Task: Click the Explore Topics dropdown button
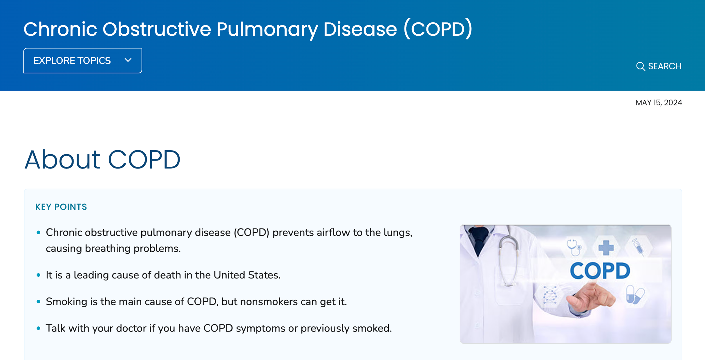click(83, 61)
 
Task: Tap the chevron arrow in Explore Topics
click(128, 60)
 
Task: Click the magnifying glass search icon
click(641, 66)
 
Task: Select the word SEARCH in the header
click(665, 66)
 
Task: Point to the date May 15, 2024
click(659, 103)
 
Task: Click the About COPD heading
click(102, 159)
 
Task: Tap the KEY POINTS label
click(61, 207)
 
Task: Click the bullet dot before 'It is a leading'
click(39, 275)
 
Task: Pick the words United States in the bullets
click(247, 275)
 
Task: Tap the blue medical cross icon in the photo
click(606, 248)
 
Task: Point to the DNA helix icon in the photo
click(550, 294)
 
